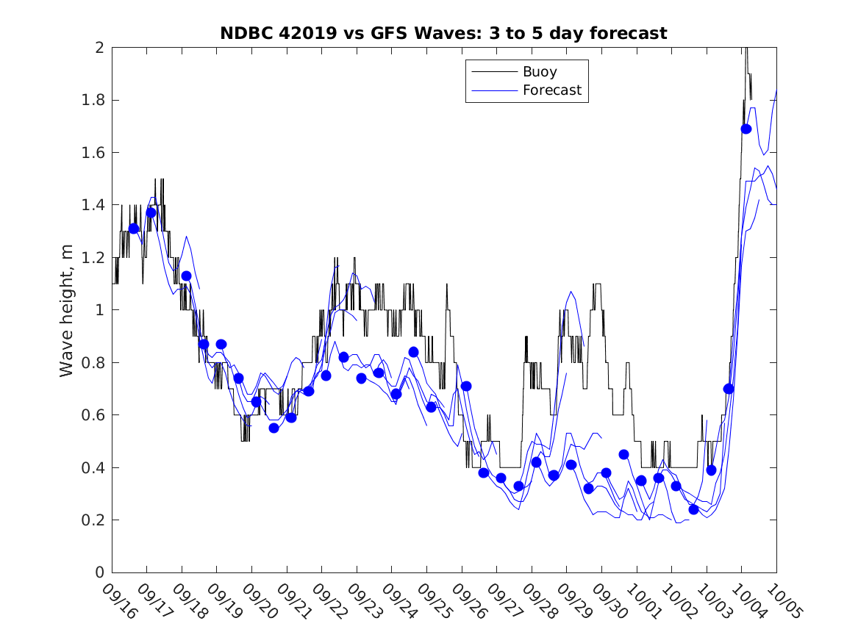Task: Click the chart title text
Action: click(443, 33)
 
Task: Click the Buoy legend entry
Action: click(540, 72)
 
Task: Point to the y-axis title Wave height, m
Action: click(67, 309)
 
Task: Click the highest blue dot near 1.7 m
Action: click(746, 129)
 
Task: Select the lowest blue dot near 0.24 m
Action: click(693, 509)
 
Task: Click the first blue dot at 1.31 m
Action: click(134, 229)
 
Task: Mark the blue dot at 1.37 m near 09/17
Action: click(151, 212)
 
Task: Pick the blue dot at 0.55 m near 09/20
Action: click(274, 428)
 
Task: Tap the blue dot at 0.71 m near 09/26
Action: click(466, 386)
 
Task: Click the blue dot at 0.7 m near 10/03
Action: click(729, 389)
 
